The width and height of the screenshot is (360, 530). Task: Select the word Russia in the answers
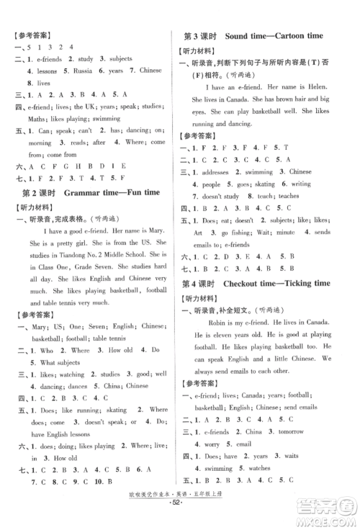tap(84, 71)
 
